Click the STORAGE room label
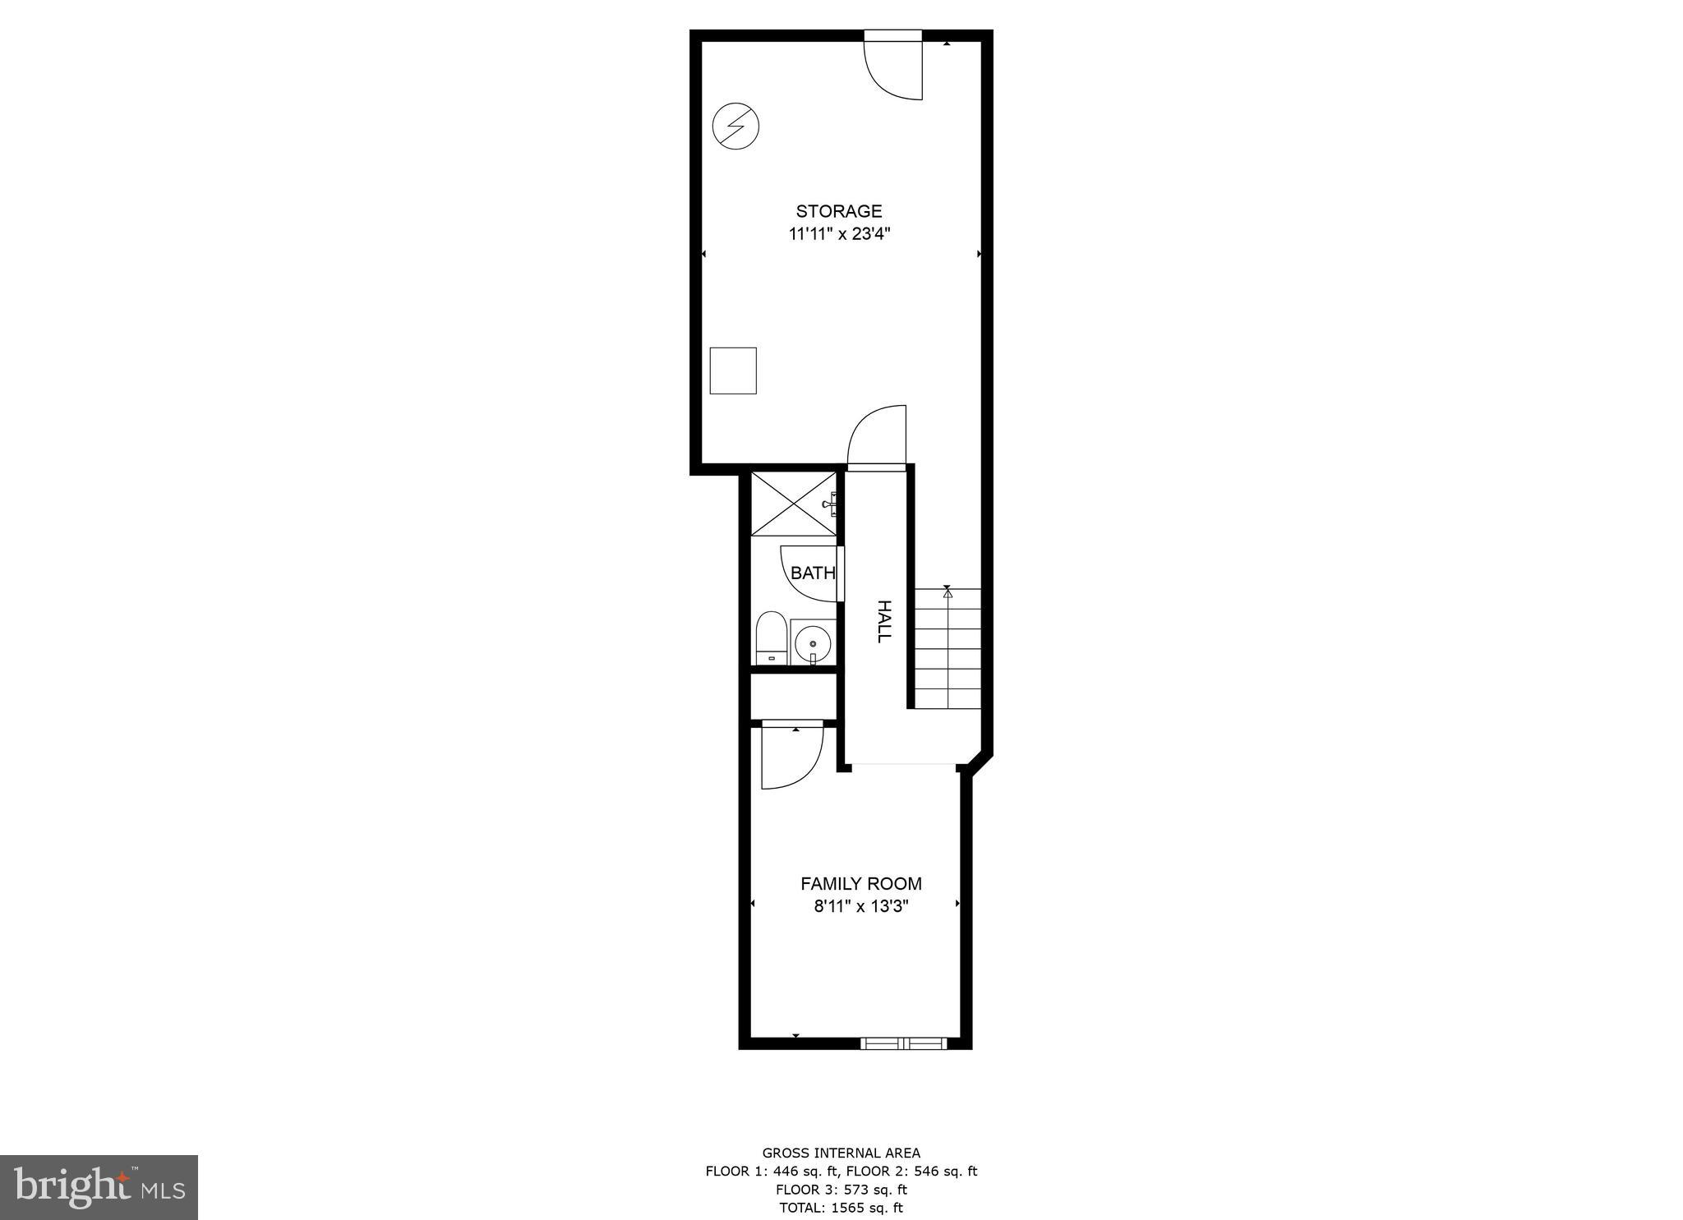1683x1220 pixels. pyautogui.click(x=839, y=211)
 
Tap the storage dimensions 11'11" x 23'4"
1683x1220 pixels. pyautogui.click(x=839, y=234)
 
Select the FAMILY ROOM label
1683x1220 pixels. pyautogui.click(x=861, y=884)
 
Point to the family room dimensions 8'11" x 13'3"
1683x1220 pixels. pyautogui.click(x=861, y=907)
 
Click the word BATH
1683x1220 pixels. pyautogui.click(x=813, y=573)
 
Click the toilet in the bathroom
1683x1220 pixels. pyautogui.click(x=770, y=637)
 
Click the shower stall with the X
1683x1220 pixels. pyautogui.click(x=793, y=504)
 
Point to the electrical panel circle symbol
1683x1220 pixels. pyautogui.click(x=735, y=127)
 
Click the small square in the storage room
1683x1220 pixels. pyautogui.click(x=733, y=371)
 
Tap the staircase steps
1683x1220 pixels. pyautogui.click(x=948, y=649)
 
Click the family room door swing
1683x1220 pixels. pyautogui.click(x=791, y=756)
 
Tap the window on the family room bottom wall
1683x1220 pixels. pyautogui.click(x=903, y=1043)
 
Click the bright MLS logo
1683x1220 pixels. pyautogui.click(x=99, y=1187)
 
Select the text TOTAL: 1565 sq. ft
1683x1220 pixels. pyautogui.click(x=841, y=1208)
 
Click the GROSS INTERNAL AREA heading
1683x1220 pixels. pyautogui.click(x=841, y=1153)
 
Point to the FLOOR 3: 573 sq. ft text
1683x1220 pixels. pyautogui.click(x=841, y=1190)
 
